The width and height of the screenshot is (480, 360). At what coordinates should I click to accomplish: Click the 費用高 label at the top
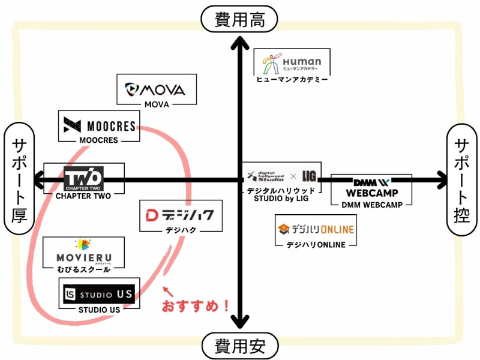pos(239,20)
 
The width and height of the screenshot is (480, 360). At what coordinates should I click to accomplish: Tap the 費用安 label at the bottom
pos(239,346)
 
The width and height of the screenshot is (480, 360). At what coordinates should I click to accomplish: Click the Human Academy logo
pos(292,62)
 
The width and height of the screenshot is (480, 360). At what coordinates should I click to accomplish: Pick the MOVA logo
pos(156,90)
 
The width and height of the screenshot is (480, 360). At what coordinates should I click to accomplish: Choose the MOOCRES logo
pos(100,126)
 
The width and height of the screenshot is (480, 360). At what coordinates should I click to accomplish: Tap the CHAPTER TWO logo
pos(84,178)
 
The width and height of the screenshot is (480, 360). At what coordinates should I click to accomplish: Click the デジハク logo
pos(181,215)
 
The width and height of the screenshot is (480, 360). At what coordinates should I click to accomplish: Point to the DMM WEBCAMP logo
pos(371,187)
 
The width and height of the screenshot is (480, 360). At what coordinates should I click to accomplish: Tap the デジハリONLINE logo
pos(316,229)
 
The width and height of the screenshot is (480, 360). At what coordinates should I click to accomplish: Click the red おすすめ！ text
pos(196,305)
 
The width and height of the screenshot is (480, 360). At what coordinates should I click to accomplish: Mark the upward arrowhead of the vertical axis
pos(240,43)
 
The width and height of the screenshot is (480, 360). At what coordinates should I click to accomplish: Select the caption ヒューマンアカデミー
pos(292,79)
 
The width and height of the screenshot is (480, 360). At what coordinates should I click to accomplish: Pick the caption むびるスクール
pos(83,269)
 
